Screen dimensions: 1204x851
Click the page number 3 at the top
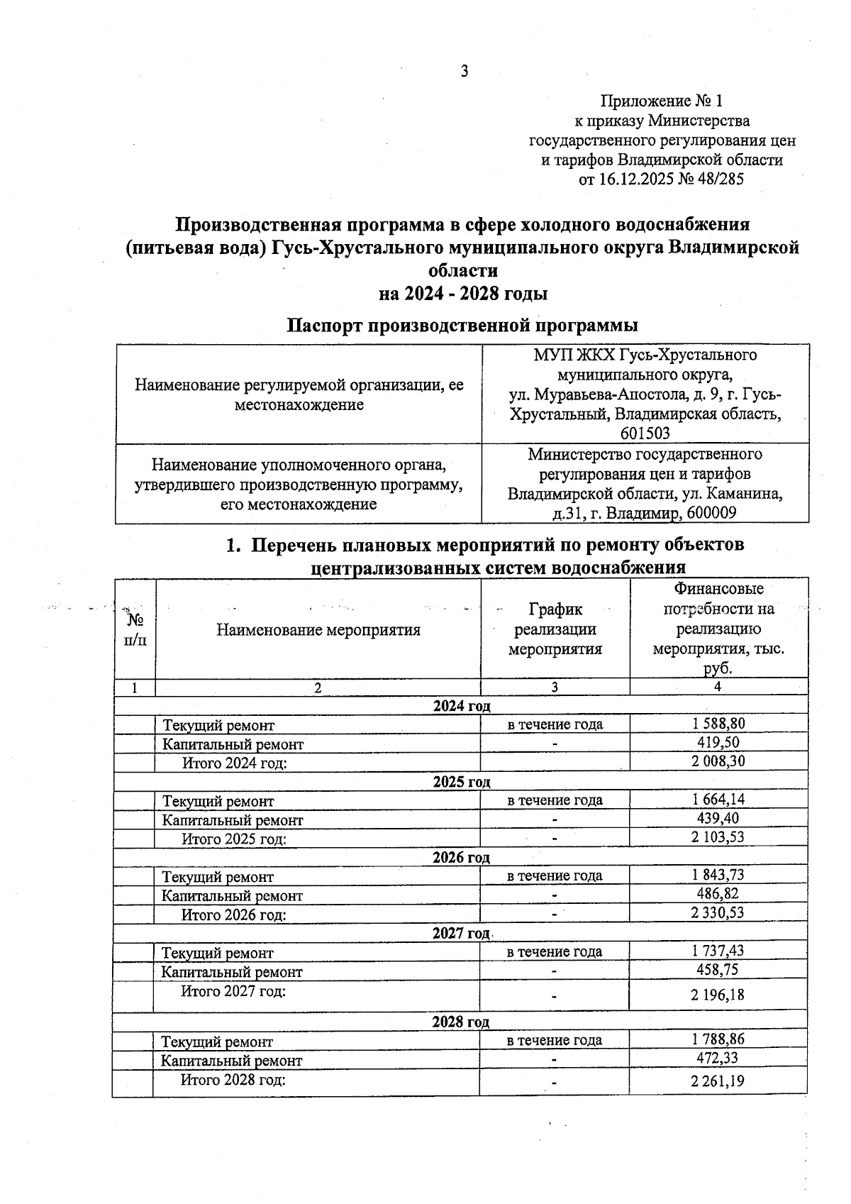point(465,71)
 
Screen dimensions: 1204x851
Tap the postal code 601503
point(645,433)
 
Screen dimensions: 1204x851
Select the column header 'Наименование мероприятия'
point(318,630)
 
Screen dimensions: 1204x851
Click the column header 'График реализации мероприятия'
point(555,629)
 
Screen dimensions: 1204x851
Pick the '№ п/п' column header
point(135,630)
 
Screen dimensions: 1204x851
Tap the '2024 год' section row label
point(462,706)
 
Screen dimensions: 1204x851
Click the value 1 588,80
point(718,723)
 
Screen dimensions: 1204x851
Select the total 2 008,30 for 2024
point(718,761)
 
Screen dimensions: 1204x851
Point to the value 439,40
point(718,818)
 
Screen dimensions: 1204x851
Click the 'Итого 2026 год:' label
point(234,915)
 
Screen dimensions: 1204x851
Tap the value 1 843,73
point(718,875)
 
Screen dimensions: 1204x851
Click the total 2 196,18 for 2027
point(718,995)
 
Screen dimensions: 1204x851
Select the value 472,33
point(718,1059)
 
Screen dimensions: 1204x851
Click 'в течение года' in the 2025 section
point(555,800)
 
